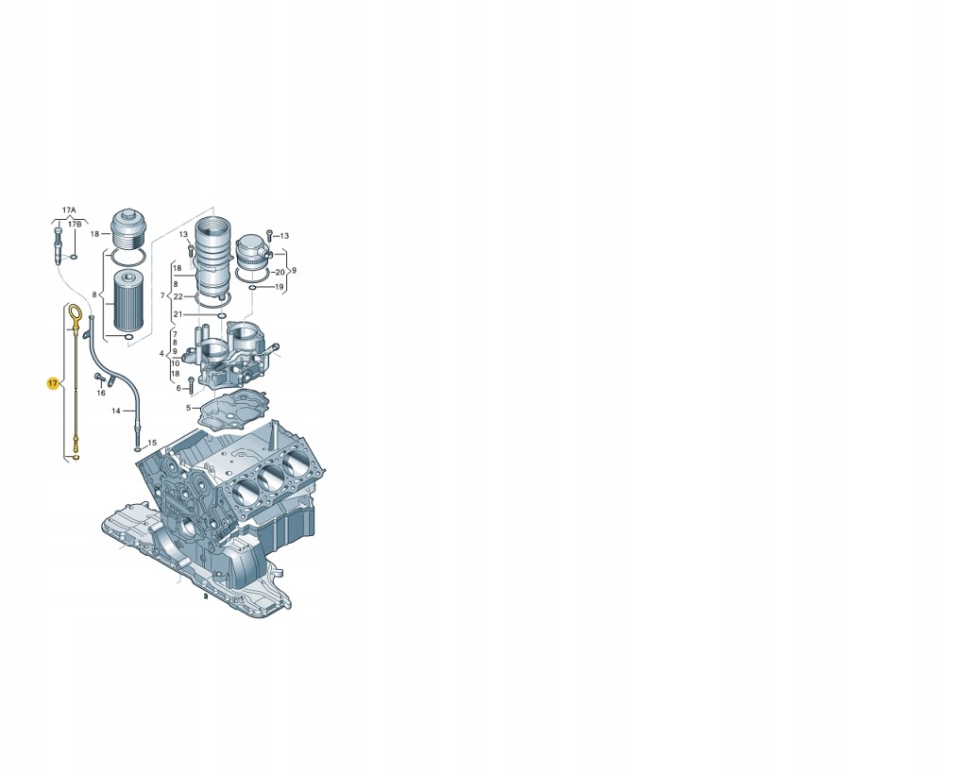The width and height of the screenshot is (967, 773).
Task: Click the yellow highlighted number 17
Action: [x=53, y=383]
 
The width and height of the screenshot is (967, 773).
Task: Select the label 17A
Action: [x=68, y=210]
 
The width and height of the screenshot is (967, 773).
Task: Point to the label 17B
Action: [x=74, y=225]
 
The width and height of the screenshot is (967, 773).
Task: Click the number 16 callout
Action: [x=101, y=394]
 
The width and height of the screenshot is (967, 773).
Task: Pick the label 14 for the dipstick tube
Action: [x=116, y=411]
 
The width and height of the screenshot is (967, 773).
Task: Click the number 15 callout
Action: [x=152, y=443]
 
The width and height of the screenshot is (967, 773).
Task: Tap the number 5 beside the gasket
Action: [x=189, y=408]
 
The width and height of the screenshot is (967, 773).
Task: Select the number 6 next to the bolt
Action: [x=178, y=388]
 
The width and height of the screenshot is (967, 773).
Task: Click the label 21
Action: [x=178, y=314]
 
